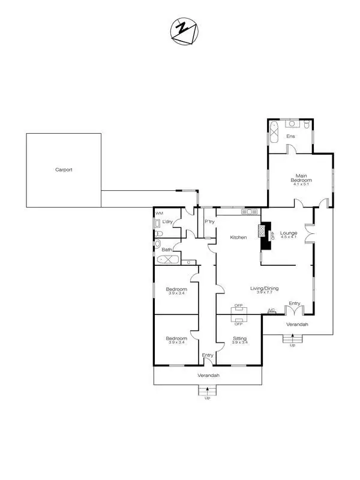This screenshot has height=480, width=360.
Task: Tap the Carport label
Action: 64,170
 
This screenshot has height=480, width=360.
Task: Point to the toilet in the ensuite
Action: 306,124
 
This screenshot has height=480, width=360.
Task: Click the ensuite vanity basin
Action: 293,124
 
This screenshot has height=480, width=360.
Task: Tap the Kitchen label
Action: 239,238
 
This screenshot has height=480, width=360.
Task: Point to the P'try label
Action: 209,222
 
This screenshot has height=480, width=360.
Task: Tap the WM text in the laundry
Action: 159,214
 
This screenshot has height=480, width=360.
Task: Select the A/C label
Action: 271,310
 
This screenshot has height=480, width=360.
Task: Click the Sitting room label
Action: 239,339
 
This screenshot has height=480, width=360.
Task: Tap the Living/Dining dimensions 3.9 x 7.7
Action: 265,292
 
